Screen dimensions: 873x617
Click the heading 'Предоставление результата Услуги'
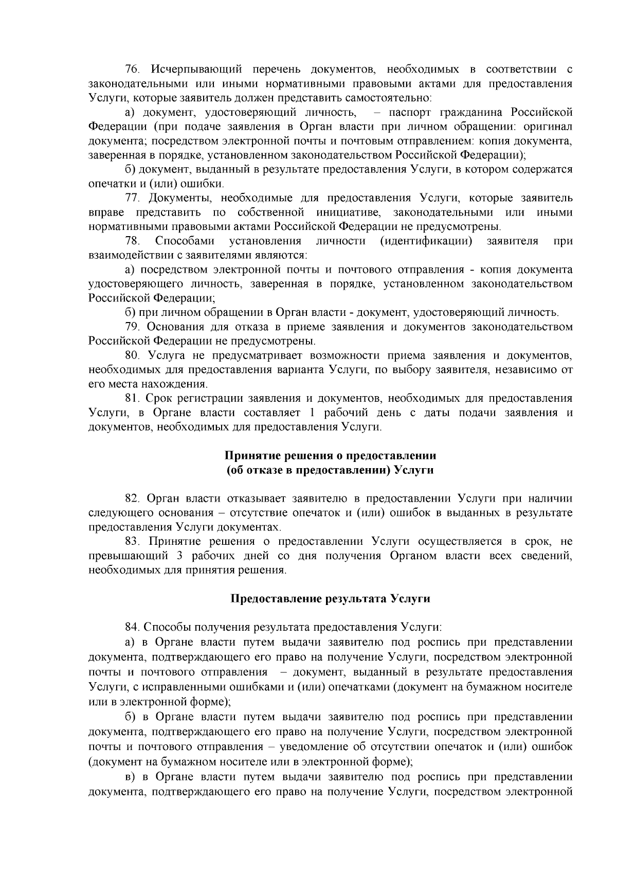pyautogui.click(x=330, y=599)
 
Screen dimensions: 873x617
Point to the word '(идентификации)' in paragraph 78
pyautogui.click(x=426, y=241)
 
